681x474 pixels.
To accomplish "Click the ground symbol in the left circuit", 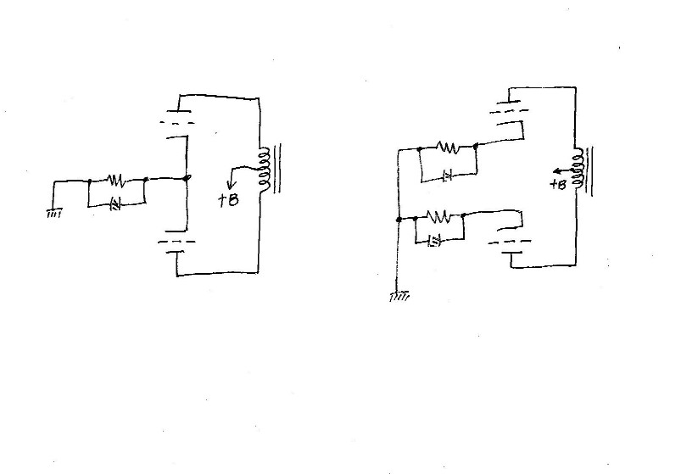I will tap(54, 213).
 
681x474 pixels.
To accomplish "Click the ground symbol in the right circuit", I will tap(399, 297).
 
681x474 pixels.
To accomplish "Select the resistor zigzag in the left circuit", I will tap(117, 181).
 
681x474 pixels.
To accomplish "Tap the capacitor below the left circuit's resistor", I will tap(117, 204).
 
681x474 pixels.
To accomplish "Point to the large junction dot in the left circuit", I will tap(187, 178).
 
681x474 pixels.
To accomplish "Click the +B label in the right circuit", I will tap(557, 184).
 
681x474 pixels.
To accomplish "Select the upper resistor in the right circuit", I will tap(447, 147).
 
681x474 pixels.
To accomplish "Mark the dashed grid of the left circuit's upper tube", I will tap(177, 123).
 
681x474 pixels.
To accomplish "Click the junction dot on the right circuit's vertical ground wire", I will tap(399, 218).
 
